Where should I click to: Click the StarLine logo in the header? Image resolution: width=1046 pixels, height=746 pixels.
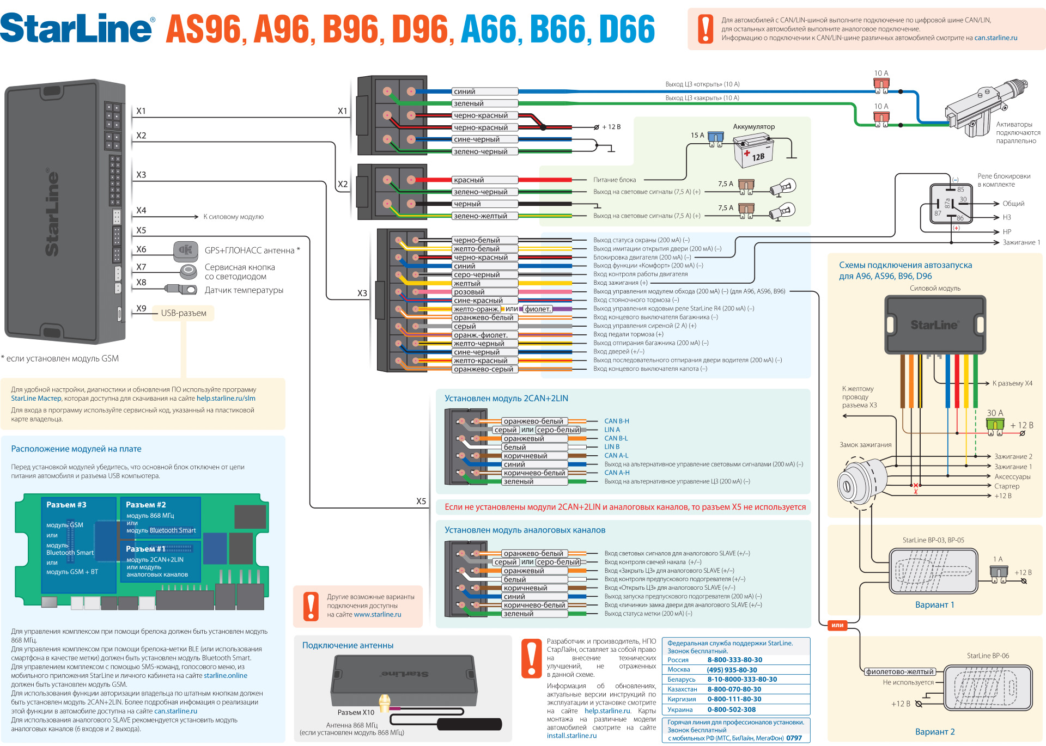click(76, 28)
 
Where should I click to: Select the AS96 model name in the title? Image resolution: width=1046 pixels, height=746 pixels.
click(203, 29)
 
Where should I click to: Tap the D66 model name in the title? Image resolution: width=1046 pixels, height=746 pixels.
click(627, 29)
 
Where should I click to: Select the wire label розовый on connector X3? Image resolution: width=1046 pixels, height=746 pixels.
click(469, 292)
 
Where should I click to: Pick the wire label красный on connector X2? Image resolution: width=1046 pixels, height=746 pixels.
click(469, 180)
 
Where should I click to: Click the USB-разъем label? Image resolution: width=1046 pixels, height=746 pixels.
click(184, 313)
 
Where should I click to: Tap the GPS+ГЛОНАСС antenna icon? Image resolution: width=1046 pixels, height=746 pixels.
click(185, 250)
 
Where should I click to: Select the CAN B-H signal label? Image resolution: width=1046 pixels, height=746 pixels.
click(616, 421)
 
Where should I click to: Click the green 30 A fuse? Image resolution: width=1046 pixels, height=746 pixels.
click(995, 425)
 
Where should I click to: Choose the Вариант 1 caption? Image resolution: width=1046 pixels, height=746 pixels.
click(934, 605)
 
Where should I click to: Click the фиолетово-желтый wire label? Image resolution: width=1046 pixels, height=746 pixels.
click(900, 671)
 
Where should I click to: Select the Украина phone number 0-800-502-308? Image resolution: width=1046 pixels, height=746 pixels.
click(731, 710)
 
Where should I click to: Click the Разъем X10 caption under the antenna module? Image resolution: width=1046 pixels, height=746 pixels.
click(356, 712)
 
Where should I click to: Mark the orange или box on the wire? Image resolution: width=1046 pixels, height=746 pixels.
click(837, 625)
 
